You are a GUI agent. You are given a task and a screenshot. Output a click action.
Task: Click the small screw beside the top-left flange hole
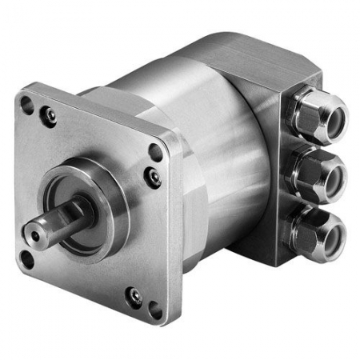pos(50,117)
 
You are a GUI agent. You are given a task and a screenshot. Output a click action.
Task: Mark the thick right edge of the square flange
pos(178,232)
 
